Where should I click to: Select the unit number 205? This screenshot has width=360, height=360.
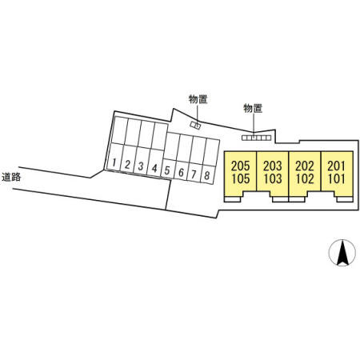[241, 166]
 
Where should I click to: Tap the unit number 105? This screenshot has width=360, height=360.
[241, 178]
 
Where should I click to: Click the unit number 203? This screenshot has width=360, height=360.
[273, 166]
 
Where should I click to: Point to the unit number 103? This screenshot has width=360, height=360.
[273, 178]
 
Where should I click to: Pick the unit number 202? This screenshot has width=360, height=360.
[305, 166]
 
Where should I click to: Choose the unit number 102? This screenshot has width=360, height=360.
[305, 178]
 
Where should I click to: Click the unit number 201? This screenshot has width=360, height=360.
[337, 166]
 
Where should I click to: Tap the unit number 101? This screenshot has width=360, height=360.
[337, 178]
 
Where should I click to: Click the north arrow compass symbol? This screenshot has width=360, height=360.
[342, 253]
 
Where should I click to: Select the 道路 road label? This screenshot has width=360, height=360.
[11, 177]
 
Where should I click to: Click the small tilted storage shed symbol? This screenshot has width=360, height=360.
[195, 125]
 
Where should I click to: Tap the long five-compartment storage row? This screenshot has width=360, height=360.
[256, 138]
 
